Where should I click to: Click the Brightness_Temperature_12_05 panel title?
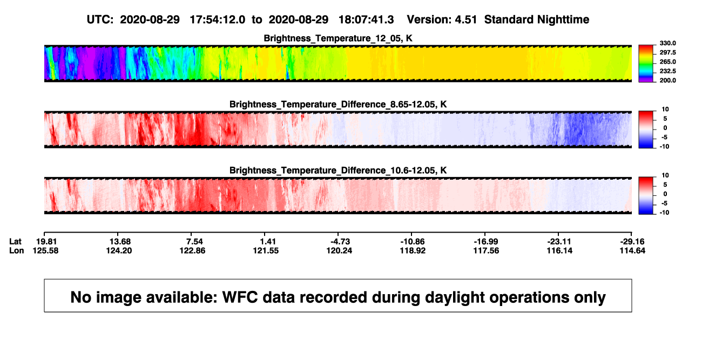(x=338, y=38)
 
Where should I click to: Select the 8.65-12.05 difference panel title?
(x=338, y=104)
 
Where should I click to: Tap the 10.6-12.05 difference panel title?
(x=338, y=171)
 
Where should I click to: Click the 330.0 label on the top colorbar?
(x=667, y=43)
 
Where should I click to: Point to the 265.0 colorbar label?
(x=667, y=62)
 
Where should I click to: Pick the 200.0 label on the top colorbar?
(x=667, y=80)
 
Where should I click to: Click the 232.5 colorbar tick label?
(x=667, y=71)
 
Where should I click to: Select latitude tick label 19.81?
(x=46, y=242)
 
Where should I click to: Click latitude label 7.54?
(x=194, y=242)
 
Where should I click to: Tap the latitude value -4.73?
(x=340, y=242)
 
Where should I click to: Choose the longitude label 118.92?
(x=413, y=250)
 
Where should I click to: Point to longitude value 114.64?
(x=632, y=250)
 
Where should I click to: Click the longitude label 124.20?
(x=119, y=250)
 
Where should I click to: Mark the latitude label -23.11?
(x=559, y=242)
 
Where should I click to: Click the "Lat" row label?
(x=15, y=242)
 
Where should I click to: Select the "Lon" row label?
(x=17, y=250)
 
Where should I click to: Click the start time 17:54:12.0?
(x=218, y=20)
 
